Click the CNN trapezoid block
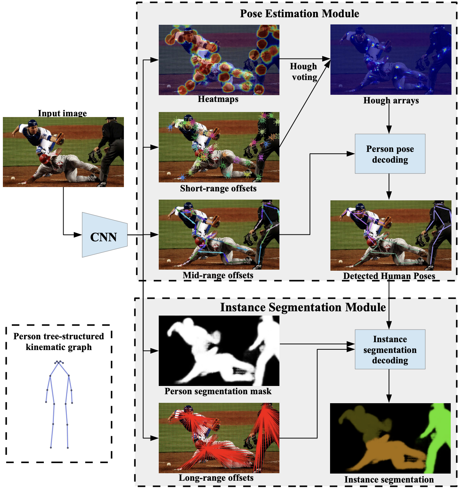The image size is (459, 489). (104, 236)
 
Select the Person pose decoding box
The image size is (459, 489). (390, 154)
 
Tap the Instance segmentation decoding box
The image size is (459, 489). (390, 349)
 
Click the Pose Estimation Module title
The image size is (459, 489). (300, 14)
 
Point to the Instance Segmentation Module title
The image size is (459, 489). (303, 307)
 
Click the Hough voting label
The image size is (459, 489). (304, 72)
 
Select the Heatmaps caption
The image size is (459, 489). (218, 99)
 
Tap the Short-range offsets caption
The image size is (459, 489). (218, 188)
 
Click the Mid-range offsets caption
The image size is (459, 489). (218, 275)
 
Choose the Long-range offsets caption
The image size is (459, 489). (216, 478)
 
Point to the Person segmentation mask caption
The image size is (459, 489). (218, 391)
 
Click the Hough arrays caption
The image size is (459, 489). (391, 101)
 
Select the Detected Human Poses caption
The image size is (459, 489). (389, 276)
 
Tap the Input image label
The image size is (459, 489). (62, 113)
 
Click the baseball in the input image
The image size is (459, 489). (13, 178)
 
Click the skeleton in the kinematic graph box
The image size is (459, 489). (59, 402)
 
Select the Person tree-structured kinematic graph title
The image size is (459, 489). (59, 342)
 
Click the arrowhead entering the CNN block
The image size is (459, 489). (78, 235)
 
